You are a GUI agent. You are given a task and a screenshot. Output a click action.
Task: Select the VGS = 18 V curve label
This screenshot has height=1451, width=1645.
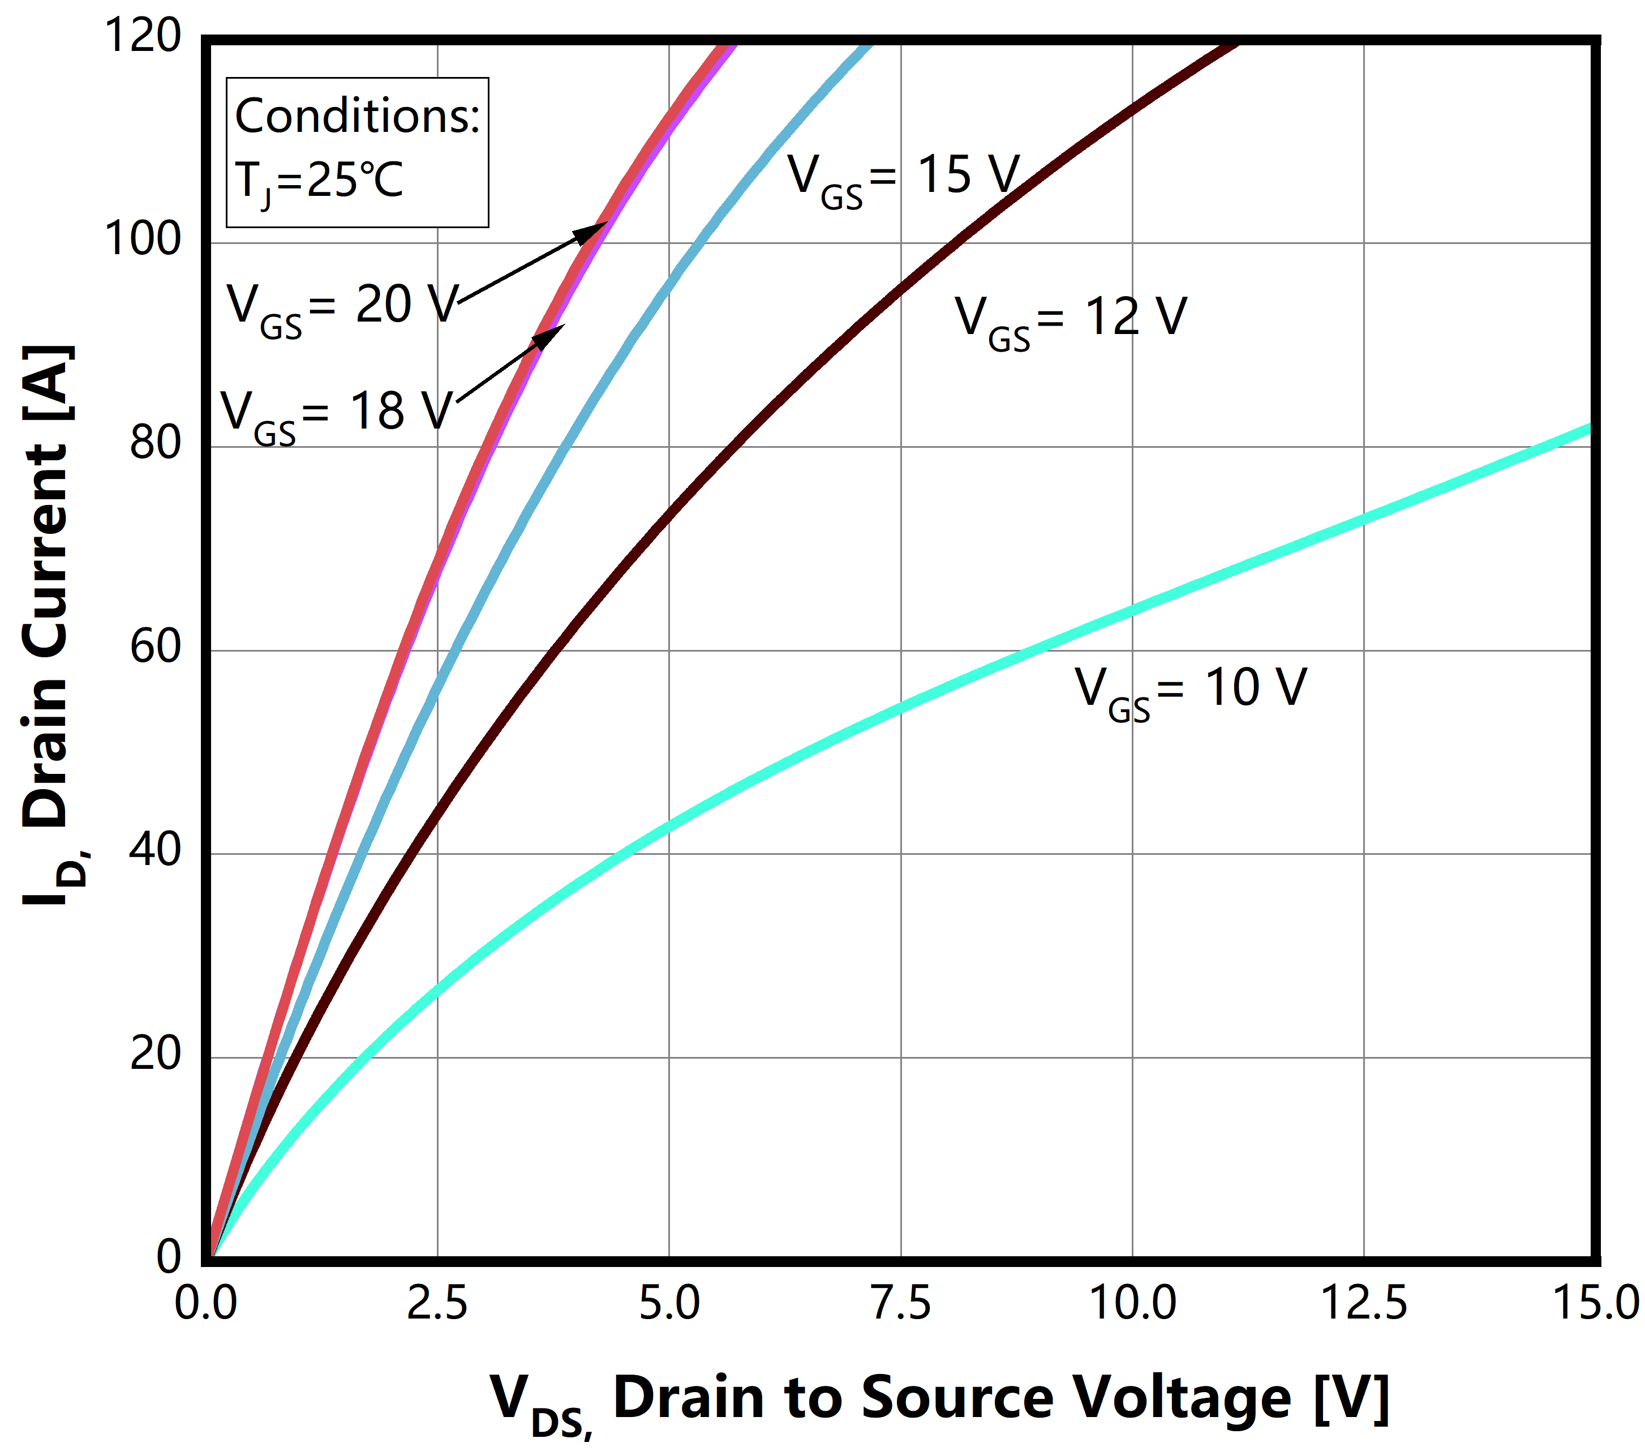(336, 414)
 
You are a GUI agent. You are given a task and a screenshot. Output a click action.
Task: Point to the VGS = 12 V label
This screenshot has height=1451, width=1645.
(1071, 320)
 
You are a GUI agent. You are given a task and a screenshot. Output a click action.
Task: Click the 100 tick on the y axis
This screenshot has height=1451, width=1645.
(143, 240)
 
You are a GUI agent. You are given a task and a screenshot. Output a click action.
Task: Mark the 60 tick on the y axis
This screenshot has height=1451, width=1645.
(155, 648)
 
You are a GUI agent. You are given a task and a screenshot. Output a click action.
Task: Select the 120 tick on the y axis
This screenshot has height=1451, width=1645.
(143, 37)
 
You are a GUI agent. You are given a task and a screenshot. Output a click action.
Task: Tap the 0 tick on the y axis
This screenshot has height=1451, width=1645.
(169, 1258)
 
